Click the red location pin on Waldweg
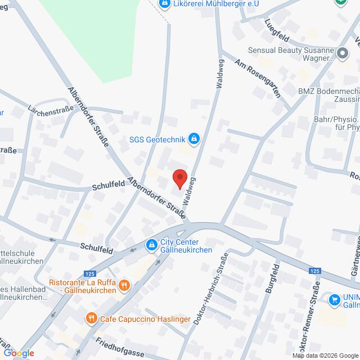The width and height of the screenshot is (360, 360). click(x=179, y=178)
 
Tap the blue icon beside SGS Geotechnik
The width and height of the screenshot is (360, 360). click(x=194, y=138)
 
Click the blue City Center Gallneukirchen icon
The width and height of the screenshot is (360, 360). click(x=151, y=246)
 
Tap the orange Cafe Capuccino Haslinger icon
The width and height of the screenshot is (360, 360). click(x=92, y=319)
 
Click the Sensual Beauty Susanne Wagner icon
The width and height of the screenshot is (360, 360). click(x=342, y=53)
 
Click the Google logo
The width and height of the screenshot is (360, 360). click(x=18, y=353)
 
